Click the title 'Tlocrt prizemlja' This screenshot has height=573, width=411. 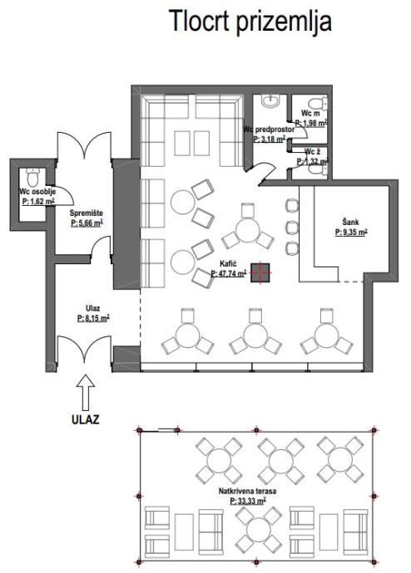pos(250,22)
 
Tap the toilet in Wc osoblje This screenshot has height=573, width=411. pos(33,177)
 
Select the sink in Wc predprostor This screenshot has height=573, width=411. pos(271,100)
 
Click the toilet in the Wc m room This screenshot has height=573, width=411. pos(317,103)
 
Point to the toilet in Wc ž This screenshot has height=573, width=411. pos(319,170)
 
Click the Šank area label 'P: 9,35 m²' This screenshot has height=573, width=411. pos(351,232)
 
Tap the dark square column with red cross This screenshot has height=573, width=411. pos(260,272)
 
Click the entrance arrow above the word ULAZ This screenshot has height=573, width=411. pos(86,392)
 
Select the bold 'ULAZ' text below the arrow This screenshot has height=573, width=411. pos(85,419)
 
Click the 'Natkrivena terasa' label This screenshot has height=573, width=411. pos(247,491)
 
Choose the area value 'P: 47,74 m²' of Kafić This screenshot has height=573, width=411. pos(228,273)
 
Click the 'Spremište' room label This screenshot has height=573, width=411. pos(87,213)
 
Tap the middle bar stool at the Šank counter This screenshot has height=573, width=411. pos(292,228)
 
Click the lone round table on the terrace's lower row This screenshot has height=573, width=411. pos(259,530)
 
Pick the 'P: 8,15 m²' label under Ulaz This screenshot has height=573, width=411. pos(93,318)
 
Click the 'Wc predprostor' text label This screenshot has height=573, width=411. pos(269,130)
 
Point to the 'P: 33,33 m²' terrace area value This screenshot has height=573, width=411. pos(248,501)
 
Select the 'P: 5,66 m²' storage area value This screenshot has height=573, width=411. pos(87,223)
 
